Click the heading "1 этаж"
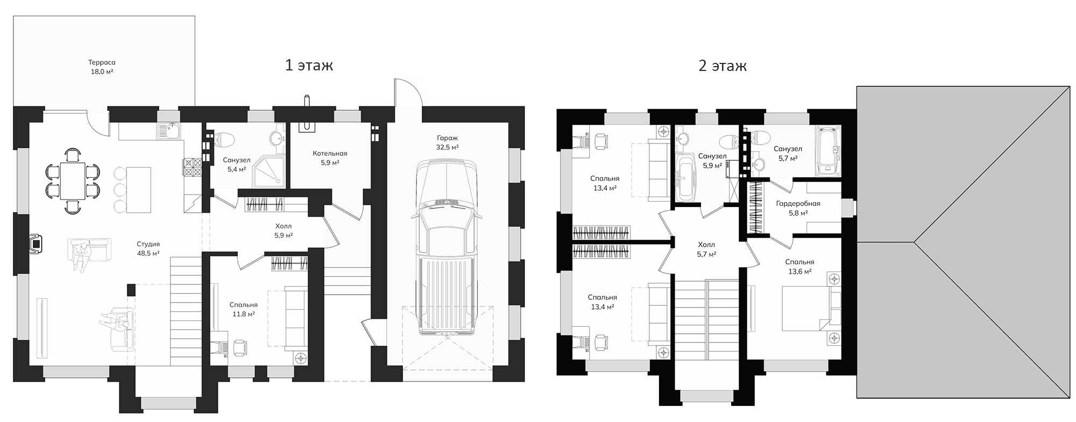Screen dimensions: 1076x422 point(309,66)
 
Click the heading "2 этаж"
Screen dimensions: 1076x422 point(723,66)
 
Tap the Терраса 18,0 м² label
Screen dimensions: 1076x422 point(102,67)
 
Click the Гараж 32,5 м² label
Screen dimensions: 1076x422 point(447,142)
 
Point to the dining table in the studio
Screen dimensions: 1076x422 point(72,181)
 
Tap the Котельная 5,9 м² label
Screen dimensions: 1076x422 point(330,158)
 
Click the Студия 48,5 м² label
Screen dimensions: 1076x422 point(148,248)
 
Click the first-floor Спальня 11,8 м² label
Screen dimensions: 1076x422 point(243,309)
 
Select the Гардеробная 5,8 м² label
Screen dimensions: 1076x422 point(798,208)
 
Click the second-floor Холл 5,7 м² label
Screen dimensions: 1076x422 point(706,249)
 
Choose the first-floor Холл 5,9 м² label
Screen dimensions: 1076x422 point(283,231)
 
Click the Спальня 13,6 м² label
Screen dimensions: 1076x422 point(799,267)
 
